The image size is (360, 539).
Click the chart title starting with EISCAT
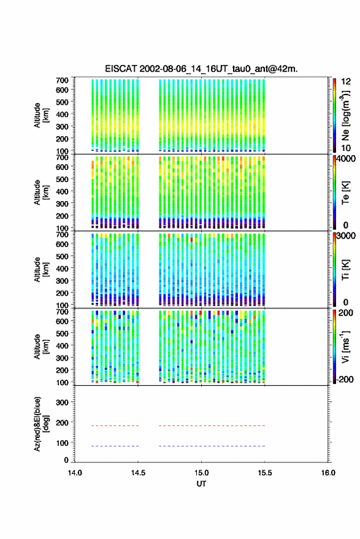[201, 69]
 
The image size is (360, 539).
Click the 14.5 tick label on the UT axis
[138, 473]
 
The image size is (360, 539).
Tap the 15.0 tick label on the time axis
[201, 473]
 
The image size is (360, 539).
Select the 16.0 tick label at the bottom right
[328, 473]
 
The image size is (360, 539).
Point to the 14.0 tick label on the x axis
[75, 473]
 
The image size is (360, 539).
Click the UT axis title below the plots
[201, 484]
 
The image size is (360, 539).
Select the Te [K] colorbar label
[345, 193]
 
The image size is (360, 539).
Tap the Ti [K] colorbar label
[345, 270]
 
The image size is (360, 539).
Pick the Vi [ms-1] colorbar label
[345, 346]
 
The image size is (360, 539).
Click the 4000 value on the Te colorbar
[346, 158]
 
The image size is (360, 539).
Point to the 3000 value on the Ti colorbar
[346, 236]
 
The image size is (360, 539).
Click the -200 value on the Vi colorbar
[344, 379]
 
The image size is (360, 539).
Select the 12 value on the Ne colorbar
[346, 82]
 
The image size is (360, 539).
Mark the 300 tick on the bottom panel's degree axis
[62, 402]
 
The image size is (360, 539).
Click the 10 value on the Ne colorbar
[346, 148]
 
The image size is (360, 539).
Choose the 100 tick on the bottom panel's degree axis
[62, 443]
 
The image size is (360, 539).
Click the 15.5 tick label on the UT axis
[264, 473]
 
